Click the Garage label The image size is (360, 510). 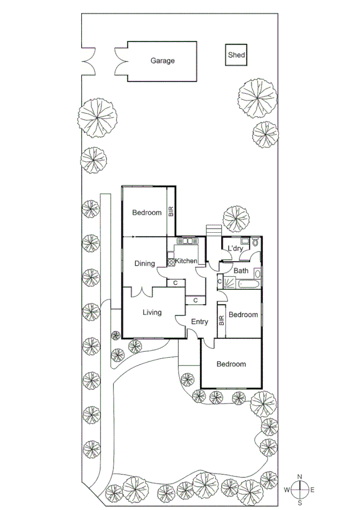pyautogui.click(x=162, y=61)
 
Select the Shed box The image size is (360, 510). pyautogui.click(x=236, y=55)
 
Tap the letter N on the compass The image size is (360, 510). pyautogui.click(x=304, y=476)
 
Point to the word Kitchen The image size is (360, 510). pyautogui.click(x=186, y=261)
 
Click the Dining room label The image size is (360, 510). pyautogui.click(x=145, y=263)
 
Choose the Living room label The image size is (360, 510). pyautogui.click(x=151, y=312)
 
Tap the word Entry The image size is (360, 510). pyautogui.click(x=200, y=322)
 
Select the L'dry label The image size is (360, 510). pyautogui.click(x=235, y=249)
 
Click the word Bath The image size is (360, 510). pyautogui.click(x=241, y=271)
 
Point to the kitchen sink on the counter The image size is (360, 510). pyautogui.click(x=186, y=242)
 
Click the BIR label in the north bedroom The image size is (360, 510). pyautogui.click(x=171, y=212)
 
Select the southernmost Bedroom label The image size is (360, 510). pyautogui.click(x=231, y=364)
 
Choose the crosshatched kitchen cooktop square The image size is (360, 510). pyautogui.click(x=171, y=262)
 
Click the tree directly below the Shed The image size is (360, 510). pyautogui.click(x=258, y=97)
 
